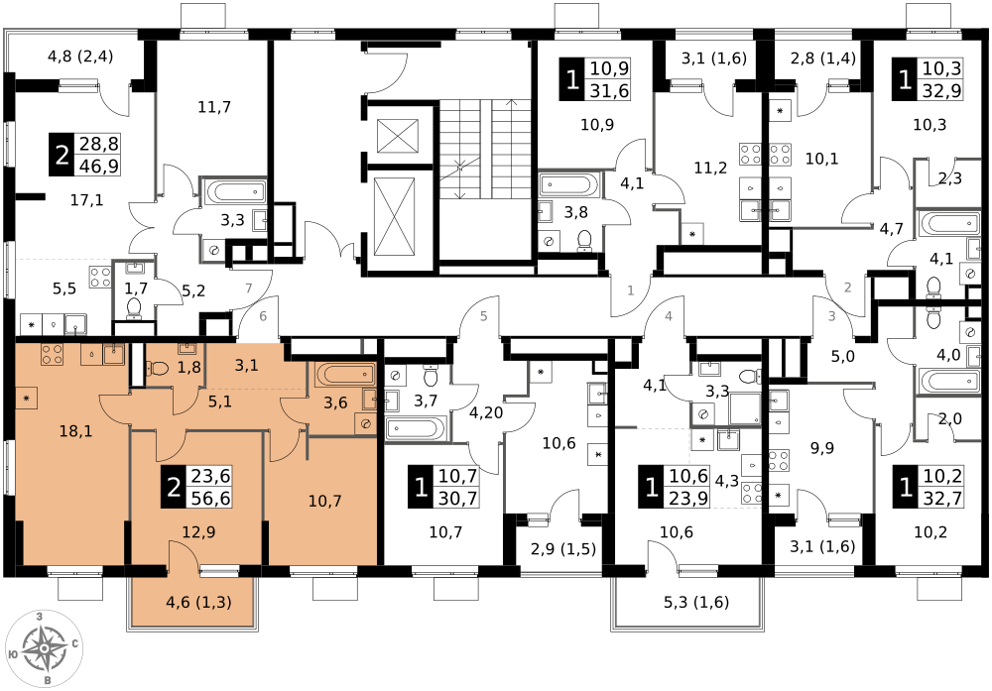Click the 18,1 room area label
(x=75, y=431)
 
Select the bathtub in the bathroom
(x=344, y=374)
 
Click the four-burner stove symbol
(x=52, y=355)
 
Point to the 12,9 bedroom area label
(x=197, y=532)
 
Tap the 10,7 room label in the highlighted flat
(x=324, y=501)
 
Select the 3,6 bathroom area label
(x=335, y=403)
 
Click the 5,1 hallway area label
(x=219, y=403)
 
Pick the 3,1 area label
(x=246, y=365)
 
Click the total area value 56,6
(x=210, y=498)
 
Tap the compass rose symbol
(x=45, y=649)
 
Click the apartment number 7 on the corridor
(x=249, y=288)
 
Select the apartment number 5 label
(x=484, y=316)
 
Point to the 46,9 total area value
(x=98, y=166)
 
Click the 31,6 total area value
(x=609, y=91)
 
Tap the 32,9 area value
(x=941, y=91)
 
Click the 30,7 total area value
(x=457, y=498)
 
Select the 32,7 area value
(x=941, y=498)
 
